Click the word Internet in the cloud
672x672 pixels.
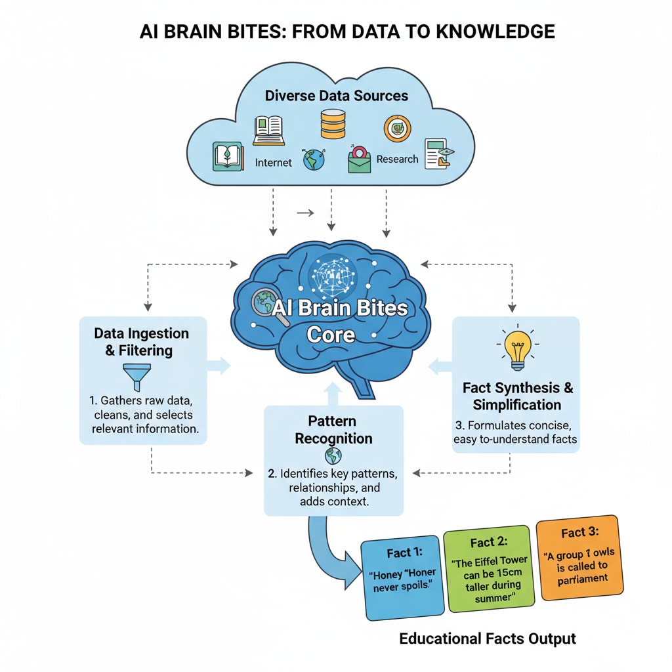pyautogui.click(x=272, y=162)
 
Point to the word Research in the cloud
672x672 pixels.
pyautogui.click(x=398, y=159)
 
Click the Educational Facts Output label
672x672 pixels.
pyautogui.click(x=488, y=638)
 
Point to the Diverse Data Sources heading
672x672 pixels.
pyautogui.click(x=336, y=96)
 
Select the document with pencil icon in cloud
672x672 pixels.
pyautogui.click(x=438, y=154)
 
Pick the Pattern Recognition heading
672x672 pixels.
pyautogui.click(x=333, y=429)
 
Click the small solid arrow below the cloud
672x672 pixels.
pyautogui.click(x=304, y=213)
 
